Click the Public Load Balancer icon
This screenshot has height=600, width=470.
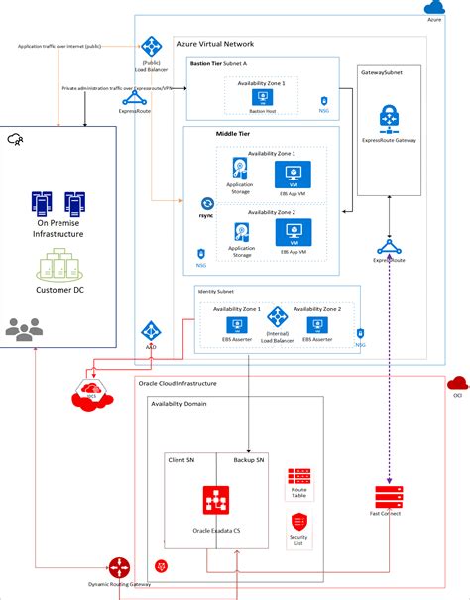(x=151, y=46)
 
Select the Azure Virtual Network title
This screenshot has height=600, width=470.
(x=215, y=45)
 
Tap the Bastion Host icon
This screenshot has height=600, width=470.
(x=262, y=99)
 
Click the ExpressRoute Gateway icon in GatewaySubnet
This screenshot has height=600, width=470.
(x=388, y=120)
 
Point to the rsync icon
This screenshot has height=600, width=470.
(x=207, y=203)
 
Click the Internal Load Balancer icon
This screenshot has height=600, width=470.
(x=277, y=319)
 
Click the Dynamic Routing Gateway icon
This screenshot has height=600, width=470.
(x=121, y=567)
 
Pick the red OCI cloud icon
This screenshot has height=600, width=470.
(x=457, y=383)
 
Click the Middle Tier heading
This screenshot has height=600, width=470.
(x=232, y=133)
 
